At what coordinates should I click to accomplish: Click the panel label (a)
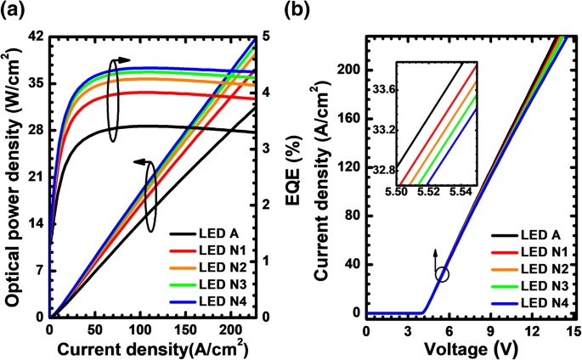pyautogui.click(x=17, y=11)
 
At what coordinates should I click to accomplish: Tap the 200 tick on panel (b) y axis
pyautogui.click(x=349, y=69)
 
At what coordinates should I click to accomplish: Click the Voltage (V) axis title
pyautogui.click(x=470, y=347)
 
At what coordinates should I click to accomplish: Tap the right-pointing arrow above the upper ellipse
pyautogui.click(x=122, y=60)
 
